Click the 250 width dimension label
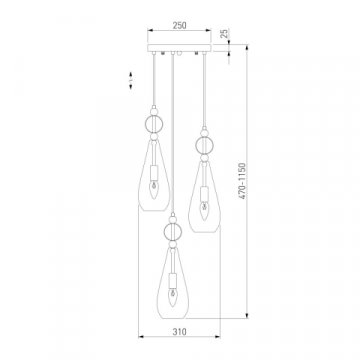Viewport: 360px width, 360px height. pyautogui.click(x=179, y=25)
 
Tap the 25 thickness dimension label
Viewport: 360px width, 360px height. pyautogui.click(x=225, y=33)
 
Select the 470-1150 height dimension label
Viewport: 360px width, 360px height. pyautogui.click(x=243, y=181)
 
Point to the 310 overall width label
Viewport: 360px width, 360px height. pyautogui.click(x=179, y=332)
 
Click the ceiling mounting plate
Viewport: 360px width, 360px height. pyautogui.click(x=179, y=48)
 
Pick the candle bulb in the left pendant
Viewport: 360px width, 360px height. pyautogui.click(x=153, y=191)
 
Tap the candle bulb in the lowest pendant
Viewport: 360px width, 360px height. pyautogui.click(x=172, y=298)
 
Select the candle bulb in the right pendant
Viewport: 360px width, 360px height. pyautogui.click(x=204, y=211)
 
